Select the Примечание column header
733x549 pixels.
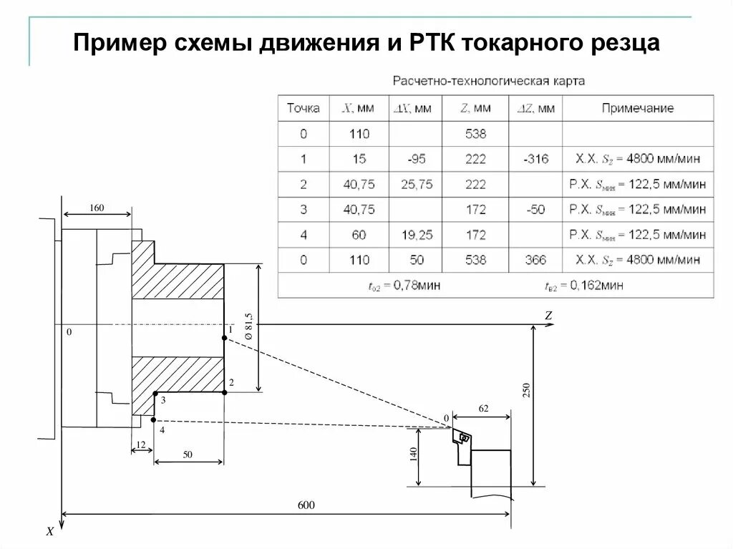(x=637, y=109)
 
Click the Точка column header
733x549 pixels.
(x=303, y=109)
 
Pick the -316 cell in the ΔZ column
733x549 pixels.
(x=535, y=159)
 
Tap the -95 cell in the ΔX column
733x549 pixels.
(x=414, y=159)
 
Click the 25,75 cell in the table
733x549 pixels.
(x=416, y=184)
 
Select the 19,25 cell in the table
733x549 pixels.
(x=416, y=235)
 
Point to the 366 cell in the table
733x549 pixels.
(x=535, y=260)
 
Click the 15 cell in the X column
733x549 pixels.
(x=359, y=159)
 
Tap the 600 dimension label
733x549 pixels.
(x=306, y=505)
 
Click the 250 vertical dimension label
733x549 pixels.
(x=526, y=390)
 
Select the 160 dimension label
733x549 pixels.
(x=97, y=208)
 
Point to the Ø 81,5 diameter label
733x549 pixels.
(x=248, y=326)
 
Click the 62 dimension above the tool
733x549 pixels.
(x=483, y=408)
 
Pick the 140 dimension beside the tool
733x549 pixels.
(x=414, y=455)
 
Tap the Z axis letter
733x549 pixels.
(x=548, y=315)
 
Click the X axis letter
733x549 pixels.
(x=49, y=532)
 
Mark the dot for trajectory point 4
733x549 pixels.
(x=154, y=419)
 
